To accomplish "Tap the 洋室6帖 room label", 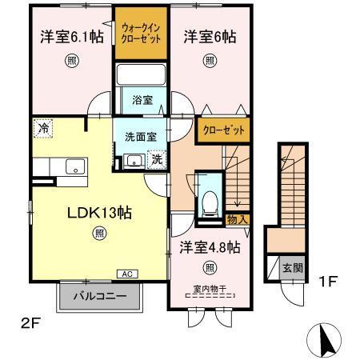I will point(210,36).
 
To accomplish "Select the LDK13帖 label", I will point(98,214).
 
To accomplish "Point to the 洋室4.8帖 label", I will point(210,247).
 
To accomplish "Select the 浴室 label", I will point(143,102).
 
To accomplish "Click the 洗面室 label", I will point(140,137).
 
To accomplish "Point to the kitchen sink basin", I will point(76,167).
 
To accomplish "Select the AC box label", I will point(126,274).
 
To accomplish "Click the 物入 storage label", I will point(238,218).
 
